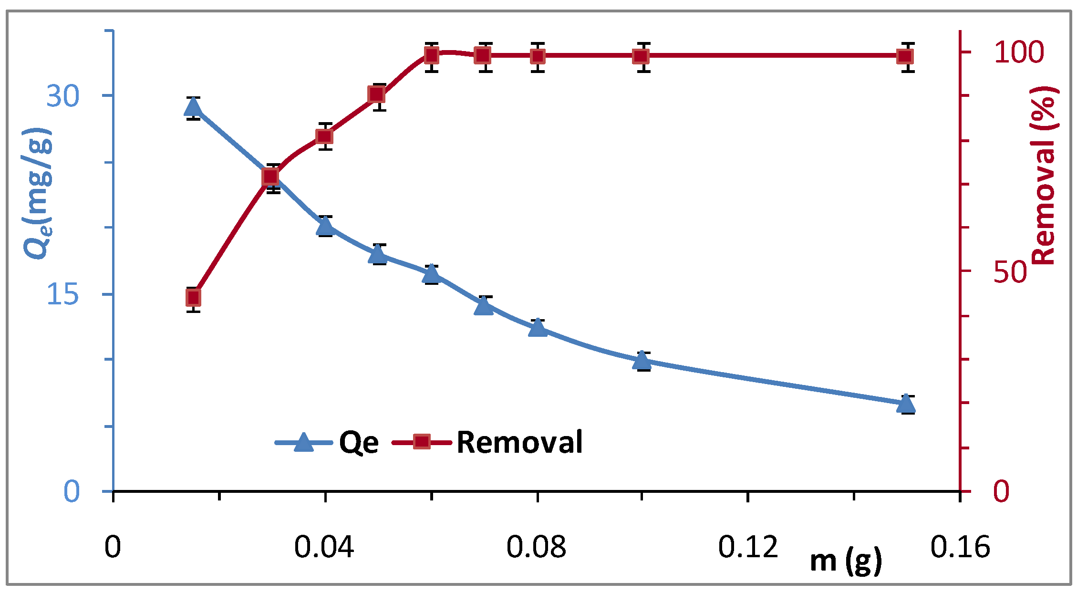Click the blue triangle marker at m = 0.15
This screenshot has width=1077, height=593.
(906, 404)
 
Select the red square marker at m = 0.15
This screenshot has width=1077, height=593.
(905, 57)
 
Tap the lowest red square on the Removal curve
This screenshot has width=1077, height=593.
(193, 298)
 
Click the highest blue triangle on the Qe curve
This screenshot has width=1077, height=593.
(193, 107)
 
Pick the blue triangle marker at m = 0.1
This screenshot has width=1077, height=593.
(642, 361)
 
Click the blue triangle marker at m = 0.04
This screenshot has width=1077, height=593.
(325, 226)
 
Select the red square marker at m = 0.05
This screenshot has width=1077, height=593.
(376, 94)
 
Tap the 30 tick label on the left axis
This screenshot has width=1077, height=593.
(62, 96)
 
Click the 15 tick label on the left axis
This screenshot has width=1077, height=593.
(62, 294)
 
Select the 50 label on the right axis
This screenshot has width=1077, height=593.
(1010, 272)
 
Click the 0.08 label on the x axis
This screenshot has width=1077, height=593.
(536, 547)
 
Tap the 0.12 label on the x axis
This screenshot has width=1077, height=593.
(748, 547)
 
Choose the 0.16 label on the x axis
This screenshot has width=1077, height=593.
(960, 547)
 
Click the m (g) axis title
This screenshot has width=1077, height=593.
(846, 561)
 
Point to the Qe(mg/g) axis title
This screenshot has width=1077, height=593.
(38, 193)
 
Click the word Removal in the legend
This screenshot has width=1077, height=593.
(519, 442)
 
